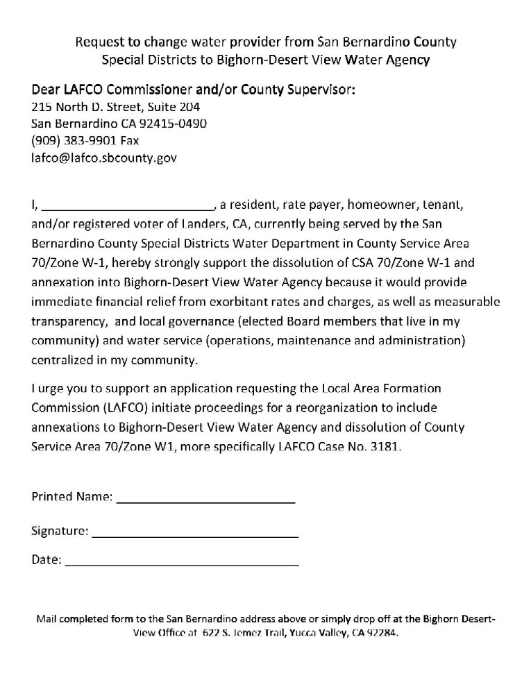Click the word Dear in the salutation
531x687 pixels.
pos(47,91)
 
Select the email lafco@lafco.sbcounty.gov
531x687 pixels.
pos(104,158)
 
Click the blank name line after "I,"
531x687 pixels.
pos(129,207)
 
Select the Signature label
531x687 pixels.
pos(60,532)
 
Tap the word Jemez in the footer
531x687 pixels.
pos(246,634)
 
